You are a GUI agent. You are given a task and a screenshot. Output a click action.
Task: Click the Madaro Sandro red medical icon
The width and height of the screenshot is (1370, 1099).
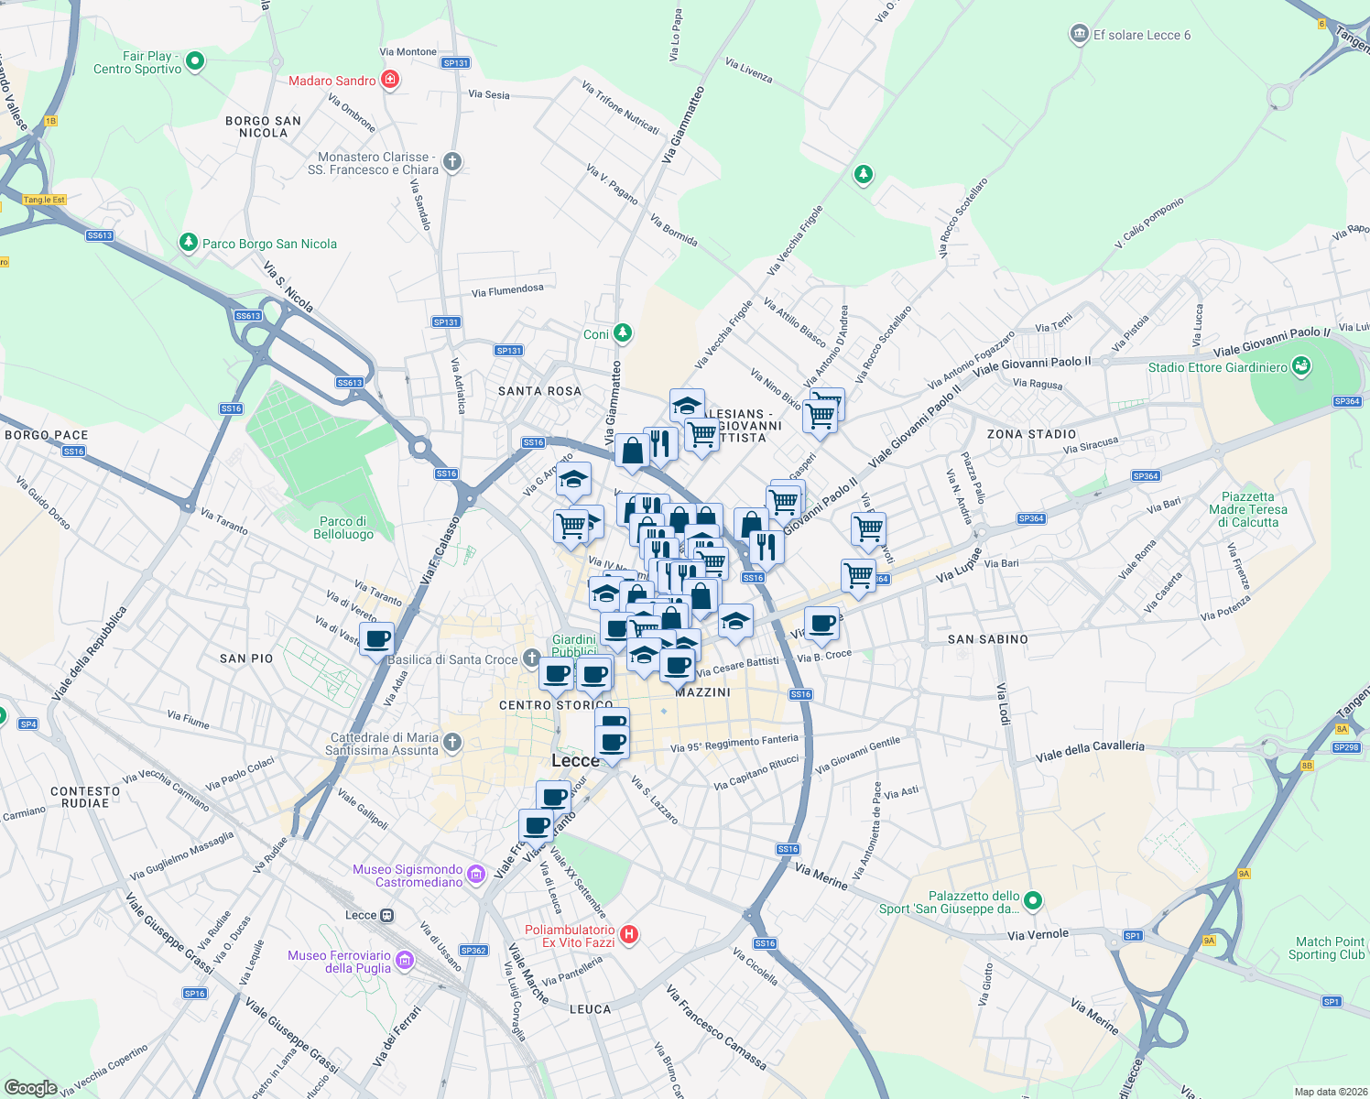pos(390,81)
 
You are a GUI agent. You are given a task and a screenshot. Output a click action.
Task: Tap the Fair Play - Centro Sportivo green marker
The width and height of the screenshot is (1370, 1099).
pos(194,62)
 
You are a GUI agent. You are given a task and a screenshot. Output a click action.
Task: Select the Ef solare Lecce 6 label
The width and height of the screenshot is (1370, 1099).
pos(1141,36)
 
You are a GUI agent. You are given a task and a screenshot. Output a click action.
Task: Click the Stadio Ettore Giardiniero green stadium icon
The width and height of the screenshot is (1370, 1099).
pos(1301,367)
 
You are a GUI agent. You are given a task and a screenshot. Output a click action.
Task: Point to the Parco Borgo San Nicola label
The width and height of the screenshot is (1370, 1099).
pos(269,244)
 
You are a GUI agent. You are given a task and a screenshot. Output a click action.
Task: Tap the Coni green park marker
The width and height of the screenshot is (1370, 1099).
pos(623,332)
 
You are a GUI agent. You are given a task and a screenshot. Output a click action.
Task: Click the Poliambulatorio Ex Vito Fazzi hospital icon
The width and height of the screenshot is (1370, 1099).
pos(629,935)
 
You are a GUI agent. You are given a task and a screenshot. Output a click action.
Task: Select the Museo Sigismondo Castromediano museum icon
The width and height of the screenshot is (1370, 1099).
pos(475,875)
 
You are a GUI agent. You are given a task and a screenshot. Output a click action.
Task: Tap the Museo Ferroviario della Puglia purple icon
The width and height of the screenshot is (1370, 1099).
pos(405,961)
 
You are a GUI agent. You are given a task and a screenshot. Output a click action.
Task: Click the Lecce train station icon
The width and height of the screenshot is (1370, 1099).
pos(387,915)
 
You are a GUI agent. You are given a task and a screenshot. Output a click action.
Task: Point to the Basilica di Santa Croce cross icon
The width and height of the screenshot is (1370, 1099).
pos(532,658)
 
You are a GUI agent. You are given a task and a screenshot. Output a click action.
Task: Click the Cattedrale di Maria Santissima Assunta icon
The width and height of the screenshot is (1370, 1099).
pos(452,743)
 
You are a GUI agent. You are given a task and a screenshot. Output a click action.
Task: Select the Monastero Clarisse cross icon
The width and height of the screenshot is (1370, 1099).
pos(452,162)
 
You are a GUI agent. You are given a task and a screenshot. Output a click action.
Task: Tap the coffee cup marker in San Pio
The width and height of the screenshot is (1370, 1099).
pos(376,638)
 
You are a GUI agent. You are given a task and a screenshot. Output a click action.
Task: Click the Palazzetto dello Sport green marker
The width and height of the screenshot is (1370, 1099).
pos(1033,901)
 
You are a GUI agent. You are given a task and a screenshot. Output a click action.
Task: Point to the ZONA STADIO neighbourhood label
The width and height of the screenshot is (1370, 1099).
pos(1031,434)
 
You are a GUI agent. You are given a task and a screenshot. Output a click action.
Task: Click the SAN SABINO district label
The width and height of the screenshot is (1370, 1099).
pos(987,639)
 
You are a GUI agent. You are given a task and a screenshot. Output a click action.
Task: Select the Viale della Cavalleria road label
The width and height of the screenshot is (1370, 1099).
pos(1090,751)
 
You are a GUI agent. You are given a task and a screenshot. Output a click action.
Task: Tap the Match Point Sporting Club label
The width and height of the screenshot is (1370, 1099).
pos(1329,948)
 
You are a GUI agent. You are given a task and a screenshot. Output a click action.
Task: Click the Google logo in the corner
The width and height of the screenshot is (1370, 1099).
pos(31,1087)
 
